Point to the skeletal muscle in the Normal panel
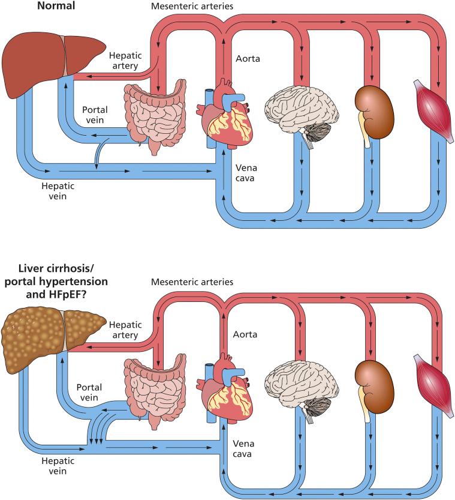click(433, 112)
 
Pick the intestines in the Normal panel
click(155, 115)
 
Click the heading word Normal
click(56, 6)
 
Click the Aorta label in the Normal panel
click(248, 59)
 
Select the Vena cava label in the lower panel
click(243, 448)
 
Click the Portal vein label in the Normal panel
click(95, 115)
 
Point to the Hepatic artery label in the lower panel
click(125, 330)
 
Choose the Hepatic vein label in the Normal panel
click(58, 191)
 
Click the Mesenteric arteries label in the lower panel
click(192, 282)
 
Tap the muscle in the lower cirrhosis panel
click(433, 386)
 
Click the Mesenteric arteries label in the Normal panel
click(192, 6)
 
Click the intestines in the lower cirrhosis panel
click(155, 391)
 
